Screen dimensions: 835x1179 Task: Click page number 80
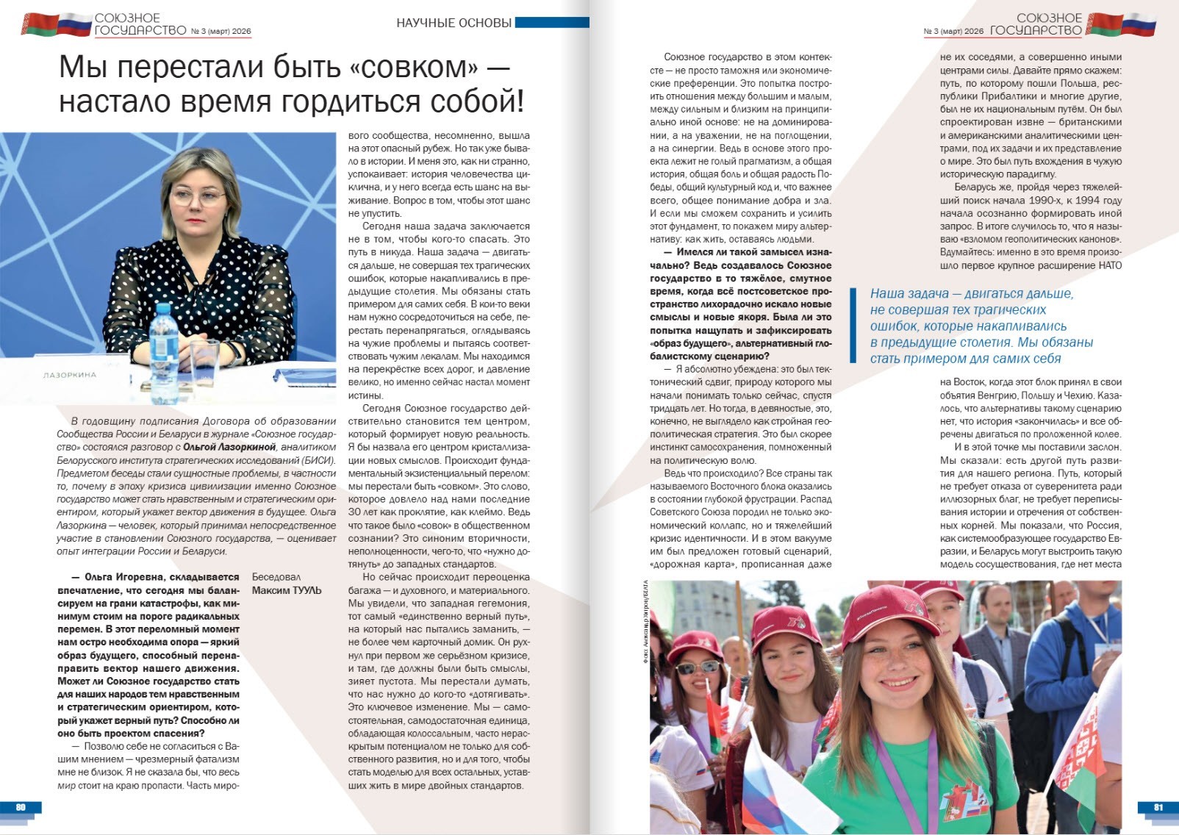click(21, 807)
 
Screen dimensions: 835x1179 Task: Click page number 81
click(1158, 807)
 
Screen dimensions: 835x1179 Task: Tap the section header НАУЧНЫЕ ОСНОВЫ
click(454, 23)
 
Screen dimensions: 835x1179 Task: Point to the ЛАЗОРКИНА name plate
click(70, 375)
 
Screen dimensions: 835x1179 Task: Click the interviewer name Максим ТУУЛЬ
click(287, 590)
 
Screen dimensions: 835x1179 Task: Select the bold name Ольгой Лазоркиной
click(229, 447)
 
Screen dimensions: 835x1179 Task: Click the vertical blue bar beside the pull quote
click(853, 326)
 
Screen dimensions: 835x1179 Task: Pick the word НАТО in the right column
click(1110, 265)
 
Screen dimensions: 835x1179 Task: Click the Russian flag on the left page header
click(74, 24)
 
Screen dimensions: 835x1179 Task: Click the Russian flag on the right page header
click(1139, 24)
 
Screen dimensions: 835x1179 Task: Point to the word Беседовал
click(276, 577)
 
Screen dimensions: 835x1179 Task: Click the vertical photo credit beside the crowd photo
click(645, 622)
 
